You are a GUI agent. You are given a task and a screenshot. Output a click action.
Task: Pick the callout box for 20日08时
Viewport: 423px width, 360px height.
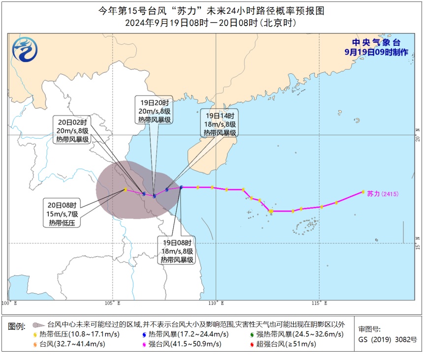[x=63, y=214]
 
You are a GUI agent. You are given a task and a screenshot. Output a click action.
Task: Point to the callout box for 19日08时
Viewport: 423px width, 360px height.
[x=177, y=251]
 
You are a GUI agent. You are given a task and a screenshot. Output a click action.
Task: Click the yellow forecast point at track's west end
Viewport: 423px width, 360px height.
[x=125, y=189]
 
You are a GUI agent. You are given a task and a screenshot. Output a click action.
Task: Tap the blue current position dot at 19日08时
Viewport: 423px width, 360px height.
[x=181, y=187]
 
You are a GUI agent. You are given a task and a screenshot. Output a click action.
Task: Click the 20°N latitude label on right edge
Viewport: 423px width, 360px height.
[x=418, y=134]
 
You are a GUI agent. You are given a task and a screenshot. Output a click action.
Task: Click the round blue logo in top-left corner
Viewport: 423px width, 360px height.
[x=24, y=50]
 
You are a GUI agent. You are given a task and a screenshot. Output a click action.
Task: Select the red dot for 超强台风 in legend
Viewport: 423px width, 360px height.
[x=253, y=344]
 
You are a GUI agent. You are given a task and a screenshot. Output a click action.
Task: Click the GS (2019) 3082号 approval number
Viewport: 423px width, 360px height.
[x=387, y=339]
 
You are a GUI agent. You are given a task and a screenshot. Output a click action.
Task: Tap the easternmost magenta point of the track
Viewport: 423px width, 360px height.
[x=363, y=192]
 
